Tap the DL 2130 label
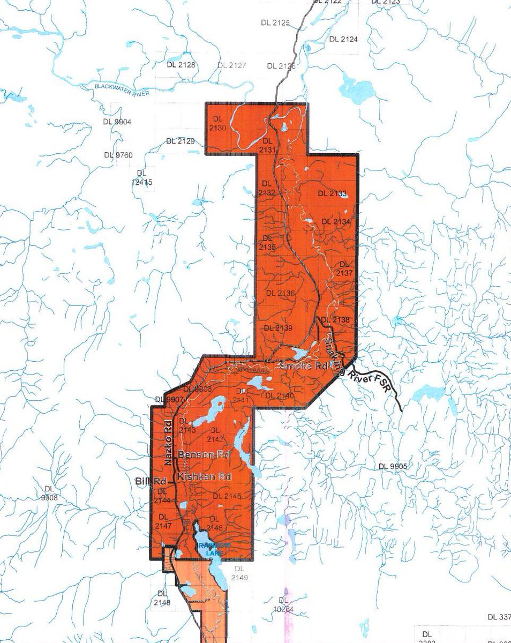(216, 122)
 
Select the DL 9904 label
(117, 122)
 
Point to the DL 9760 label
(118, 155)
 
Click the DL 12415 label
(141, 178)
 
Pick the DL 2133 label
(332, 193)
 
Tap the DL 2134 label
(336, 221)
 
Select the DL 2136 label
(280, 293)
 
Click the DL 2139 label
(277, 327)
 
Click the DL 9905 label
(393, 466)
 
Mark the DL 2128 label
(181, 65)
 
